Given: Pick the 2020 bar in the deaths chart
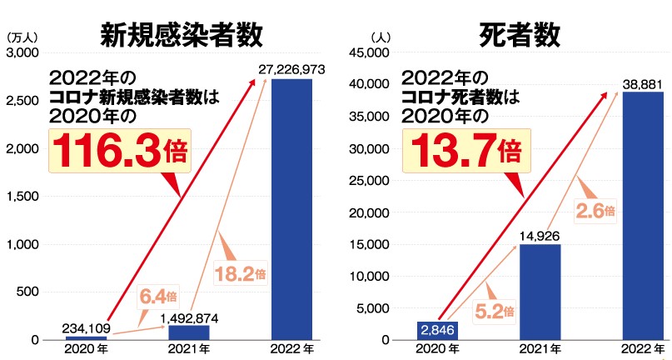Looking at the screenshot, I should point(438,330).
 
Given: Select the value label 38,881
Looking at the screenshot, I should point(644,83).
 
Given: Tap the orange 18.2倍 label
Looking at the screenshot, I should point(240,272).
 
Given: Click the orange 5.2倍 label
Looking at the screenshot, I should point(494,311).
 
